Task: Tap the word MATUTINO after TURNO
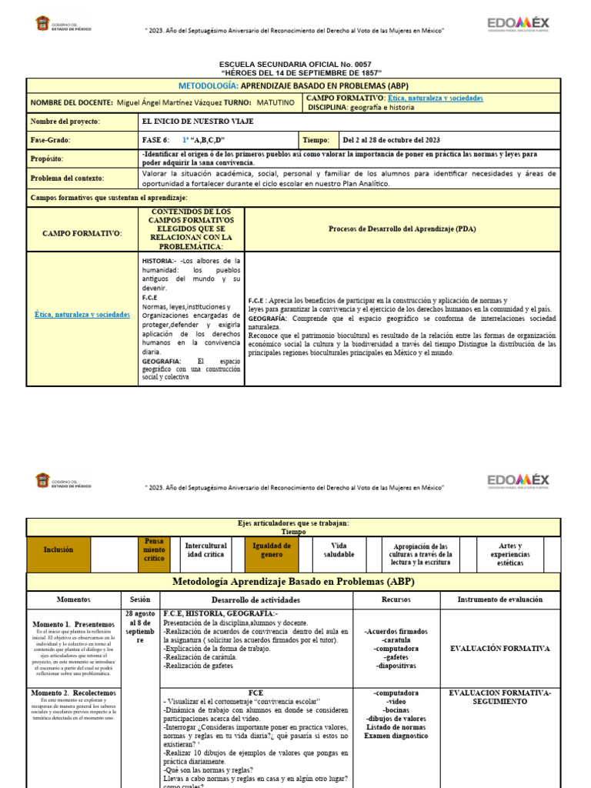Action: pos(275,102)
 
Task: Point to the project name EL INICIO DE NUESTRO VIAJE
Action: pos(198,122)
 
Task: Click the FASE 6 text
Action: pos(155,141)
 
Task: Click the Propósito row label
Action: pos(47,159)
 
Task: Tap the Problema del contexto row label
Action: pos(66,179)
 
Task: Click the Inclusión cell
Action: pos(58,549)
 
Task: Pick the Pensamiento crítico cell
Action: pos(155,549)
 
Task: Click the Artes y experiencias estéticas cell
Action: pos(510,554)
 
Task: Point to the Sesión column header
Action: pos(140,599)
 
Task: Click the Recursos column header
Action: pos(396,599)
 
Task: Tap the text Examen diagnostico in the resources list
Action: pos(396,736)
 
